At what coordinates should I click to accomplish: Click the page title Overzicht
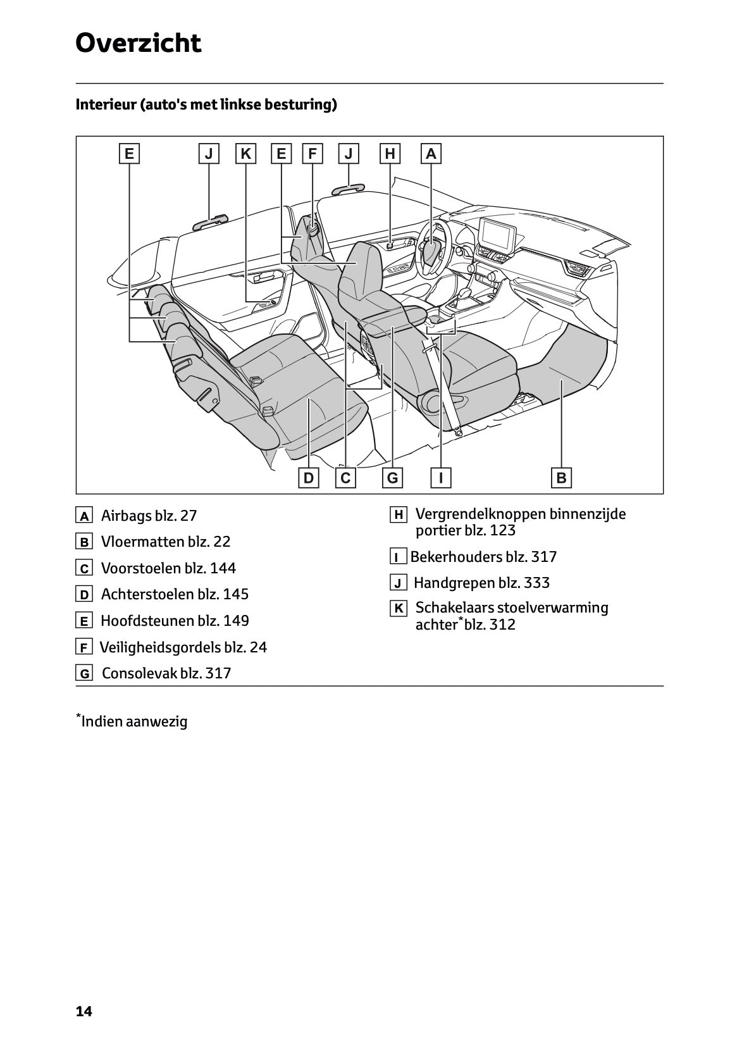click(138, 44)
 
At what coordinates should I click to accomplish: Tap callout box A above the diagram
click(431, 154)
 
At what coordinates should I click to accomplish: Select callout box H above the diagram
click(390, 154)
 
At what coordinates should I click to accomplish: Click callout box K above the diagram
click(246, 154)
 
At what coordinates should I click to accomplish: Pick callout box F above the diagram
click(313, 154)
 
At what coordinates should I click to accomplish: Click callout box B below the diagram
click(561, 478)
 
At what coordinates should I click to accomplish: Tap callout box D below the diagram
click(308, 478)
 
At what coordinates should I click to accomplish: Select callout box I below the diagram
click(440, 478)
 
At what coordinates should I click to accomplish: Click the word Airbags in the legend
click(126, 516)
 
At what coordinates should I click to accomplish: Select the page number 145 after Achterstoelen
click(235, 594)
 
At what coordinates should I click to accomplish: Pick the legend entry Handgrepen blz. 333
click(481, 583)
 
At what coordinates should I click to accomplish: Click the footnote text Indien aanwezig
click(134, 721)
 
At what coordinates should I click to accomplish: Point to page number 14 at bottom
click(84, 1012)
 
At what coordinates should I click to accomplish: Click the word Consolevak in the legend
click(139, 673)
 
